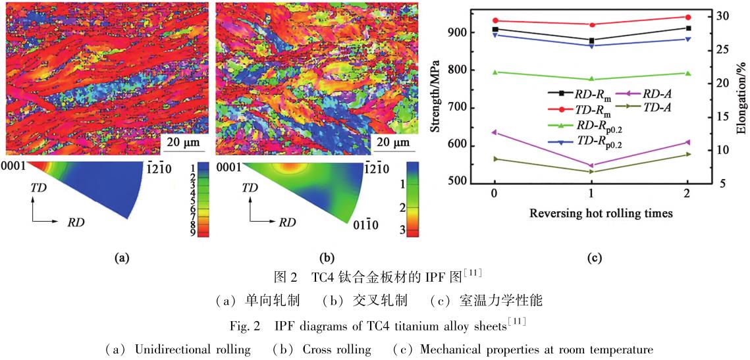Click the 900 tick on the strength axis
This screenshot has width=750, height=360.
pos(459,33)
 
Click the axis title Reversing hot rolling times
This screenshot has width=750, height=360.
pos(591,213)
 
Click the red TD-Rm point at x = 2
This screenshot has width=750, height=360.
pos(688,17)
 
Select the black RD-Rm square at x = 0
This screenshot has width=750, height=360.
pos(495,29)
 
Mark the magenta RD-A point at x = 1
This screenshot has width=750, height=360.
pos(591,165)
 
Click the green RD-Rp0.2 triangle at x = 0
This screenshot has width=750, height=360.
pos(495,72)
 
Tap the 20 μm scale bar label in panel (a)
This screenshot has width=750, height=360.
pos(180,142)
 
